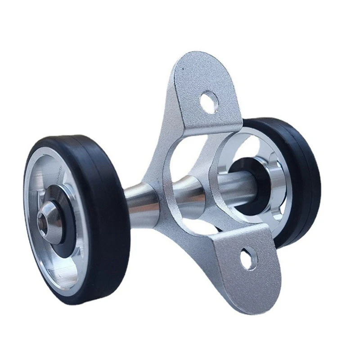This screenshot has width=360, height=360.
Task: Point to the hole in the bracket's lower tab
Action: click(x=248, y=260)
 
